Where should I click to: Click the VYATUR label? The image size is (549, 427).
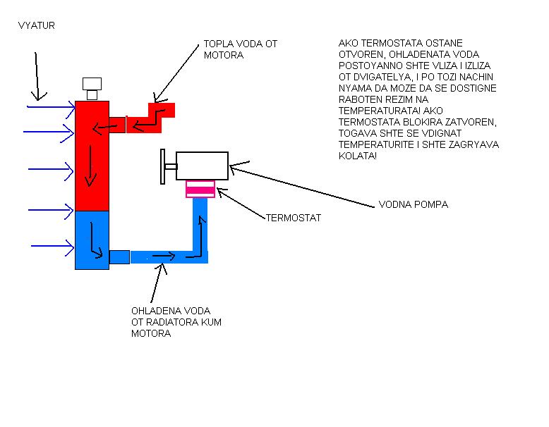36,25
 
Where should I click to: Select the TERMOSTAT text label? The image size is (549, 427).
293,218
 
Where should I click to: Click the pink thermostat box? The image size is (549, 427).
200,189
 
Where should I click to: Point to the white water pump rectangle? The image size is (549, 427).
202,166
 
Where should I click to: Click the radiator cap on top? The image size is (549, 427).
92,88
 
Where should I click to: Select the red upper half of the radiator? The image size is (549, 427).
92,155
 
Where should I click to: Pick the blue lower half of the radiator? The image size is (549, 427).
92,240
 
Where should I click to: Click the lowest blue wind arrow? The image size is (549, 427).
53,247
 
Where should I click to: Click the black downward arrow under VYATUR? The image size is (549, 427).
37,74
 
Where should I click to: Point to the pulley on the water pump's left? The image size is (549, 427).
164,167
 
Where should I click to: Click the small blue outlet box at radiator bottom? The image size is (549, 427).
119,256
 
